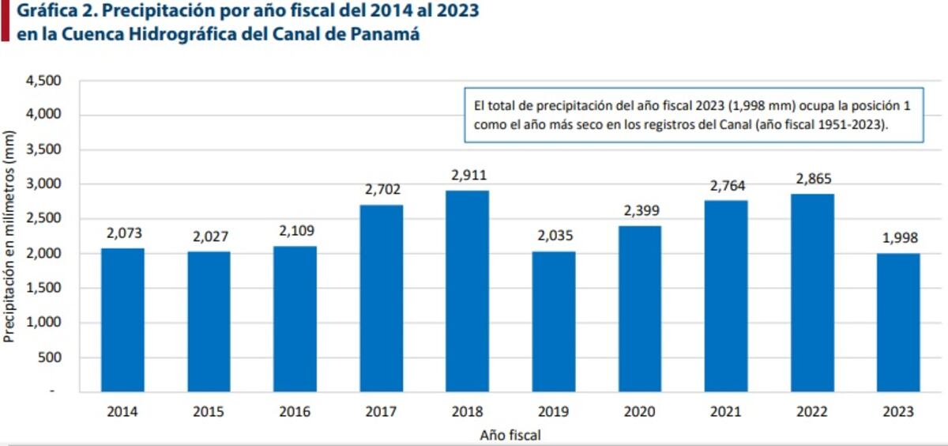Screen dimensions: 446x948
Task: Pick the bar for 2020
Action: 639,309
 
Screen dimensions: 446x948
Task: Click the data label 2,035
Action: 553,236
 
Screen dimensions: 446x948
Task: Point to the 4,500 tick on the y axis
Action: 44,81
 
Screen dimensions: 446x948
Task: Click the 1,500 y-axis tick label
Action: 44,288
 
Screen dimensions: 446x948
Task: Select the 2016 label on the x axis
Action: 295,412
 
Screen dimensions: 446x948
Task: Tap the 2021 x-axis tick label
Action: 725,412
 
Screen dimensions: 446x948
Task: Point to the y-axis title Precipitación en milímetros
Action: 9,235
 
